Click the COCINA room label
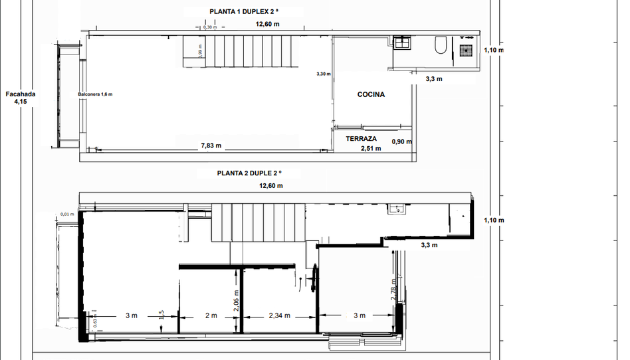pos(371,94)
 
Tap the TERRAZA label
pos(361,139)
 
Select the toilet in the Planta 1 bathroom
pos(440,45)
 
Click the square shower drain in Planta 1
pos(467,47)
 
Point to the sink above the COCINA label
pos(403,44)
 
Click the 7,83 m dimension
pos(211,145)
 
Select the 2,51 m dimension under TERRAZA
pos(370,149)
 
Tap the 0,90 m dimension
pos(401,141)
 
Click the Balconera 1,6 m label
pos(95,94)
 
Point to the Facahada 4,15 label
pos(21,98)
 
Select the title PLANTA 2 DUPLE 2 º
pos(249,173)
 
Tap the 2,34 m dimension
pos(279,315)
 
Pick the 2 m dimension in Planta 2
pos(210,315)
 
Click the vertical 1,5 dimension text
pos(161,315)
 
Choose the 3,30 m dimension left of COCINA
pos(323,74)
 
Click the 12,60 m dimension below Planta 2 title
pos(270,186)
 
